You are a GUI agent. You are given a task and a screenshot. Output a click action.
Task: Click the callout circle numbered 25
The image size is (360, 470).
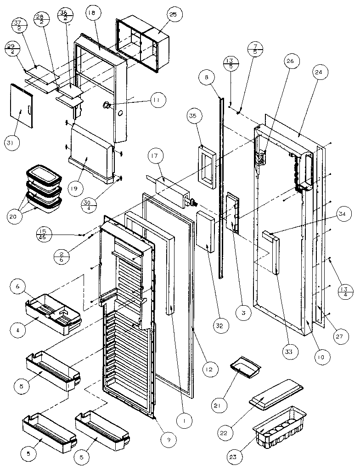[173, 15]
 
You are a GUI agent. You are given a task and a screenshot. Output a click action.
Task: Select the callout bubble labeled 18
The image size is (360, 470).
[90, 15]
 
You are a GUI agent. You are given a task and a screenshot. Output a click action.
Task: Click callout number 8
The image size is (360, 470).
[207, 78]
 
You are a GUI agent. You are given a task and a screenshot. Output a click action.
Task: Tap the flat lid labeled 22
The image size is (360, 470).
[276, 393]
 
